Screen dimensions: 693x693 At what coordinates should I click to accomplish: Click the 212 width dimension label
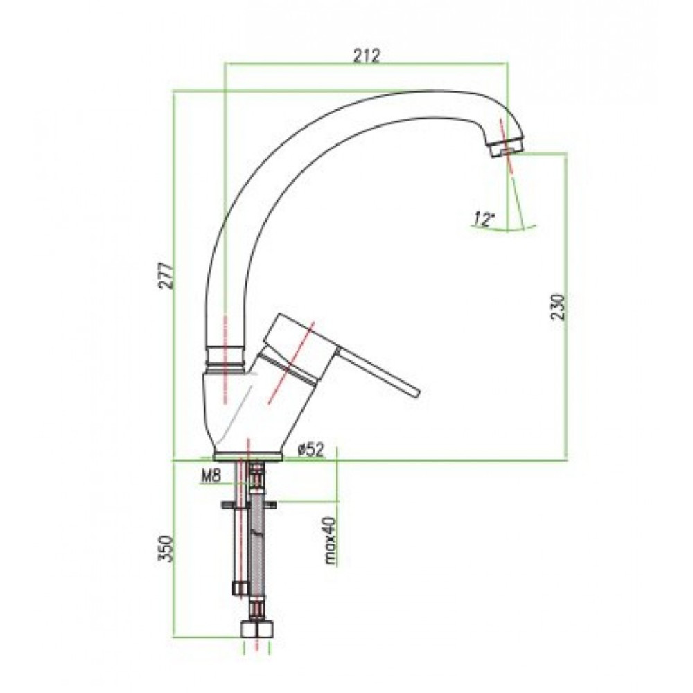[367, 56]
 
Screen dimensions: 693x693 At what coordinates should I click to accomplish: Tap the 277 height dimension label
[166, 276]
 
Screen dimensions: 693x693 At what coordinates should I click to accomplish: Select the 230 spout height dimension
[557, 306]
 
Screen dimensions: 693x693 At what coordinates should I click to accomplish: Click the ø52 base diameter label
[311, 450]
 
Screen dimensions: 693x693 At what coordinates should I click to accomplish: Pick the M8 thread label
[211, 476]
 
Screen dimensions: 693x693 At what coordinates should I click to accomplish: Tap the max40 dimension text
[331, 541]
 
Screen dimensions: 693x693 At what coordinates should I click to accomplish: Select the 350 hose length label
[166, 548]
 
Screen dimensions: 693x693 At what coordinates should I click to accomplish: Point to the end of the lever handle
[417, 392]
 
